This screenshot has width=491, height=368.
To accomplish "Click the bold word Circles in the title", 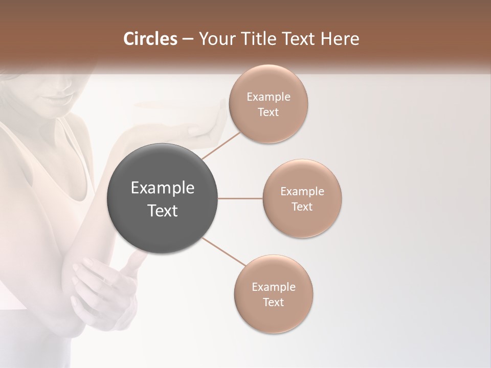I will [150, 39].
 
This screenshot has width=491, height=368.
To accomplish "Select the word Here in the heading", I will [341, 39].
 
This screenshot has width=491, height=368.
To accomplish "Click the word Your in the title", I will [215, 39].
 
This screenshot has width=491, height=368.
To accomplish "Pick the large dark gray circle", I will [163, 199].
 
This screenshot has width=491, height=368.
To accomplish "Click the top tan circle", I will [268, 104].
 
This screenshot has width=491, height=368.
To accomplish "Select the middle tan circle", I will [302, 198].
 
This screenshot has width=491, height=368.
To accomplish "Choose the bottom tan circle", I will [273, 294].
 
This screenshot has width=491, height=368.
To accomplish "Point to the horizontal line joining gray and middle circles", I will [240, 198].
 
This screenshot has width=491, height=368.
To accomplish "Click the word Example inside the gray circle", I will [163, 188].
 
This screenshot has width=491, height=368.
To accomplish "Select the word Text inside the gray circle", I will [163, 210].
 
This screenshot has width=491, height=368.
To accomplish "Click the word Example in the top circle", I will [268, 97].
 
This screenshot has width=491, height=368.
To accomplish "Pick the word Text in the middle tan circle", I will [302, 206].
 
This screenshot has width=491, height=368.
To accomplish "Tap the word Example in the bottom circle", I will [273, 287].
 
